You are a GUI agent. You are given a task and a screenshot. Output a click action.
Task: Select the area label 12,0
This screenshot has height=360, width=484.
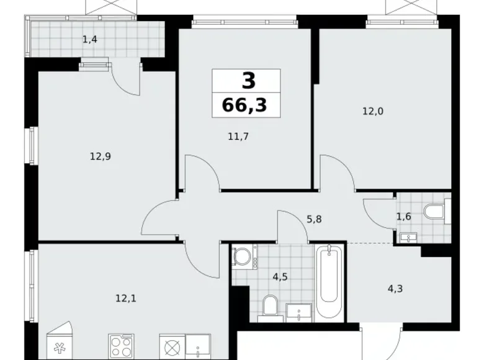pos(374,112)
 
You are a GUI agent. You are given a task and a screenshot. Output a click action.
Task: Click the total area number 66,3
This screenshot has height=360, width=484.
pos(244,105)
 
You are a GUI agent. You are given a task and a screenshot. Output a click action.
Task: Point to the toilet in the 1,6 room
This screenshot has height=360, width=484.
pos(437,212)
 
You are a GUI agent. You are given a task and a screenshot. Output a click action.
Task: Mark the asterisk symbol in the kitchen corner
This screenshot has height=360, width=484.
pos(60,348)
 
